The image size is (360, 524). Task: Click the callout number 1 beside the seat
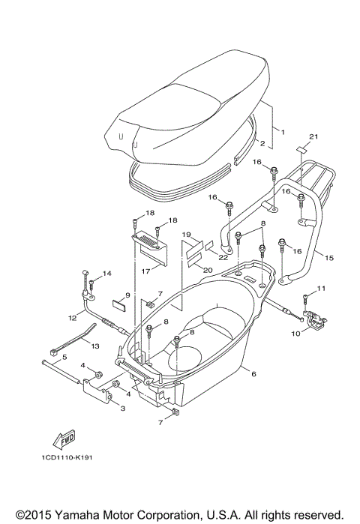click(283, 132)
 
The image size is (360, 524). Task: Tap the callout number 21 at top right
click(313, 136)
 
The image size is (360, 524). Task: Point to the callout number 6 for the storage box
click(253, 374)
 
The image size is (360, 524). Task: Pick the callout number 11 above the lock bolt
click(322, 288)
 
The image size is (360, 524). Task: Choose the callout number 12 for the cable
click(73, 317)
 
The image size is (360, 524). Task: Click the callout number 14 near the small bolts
click(106, 274)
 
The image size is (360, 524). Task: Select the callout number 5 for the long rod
click(64, 357)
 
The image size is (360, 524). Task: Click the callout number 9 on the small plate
click(128, 295)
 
